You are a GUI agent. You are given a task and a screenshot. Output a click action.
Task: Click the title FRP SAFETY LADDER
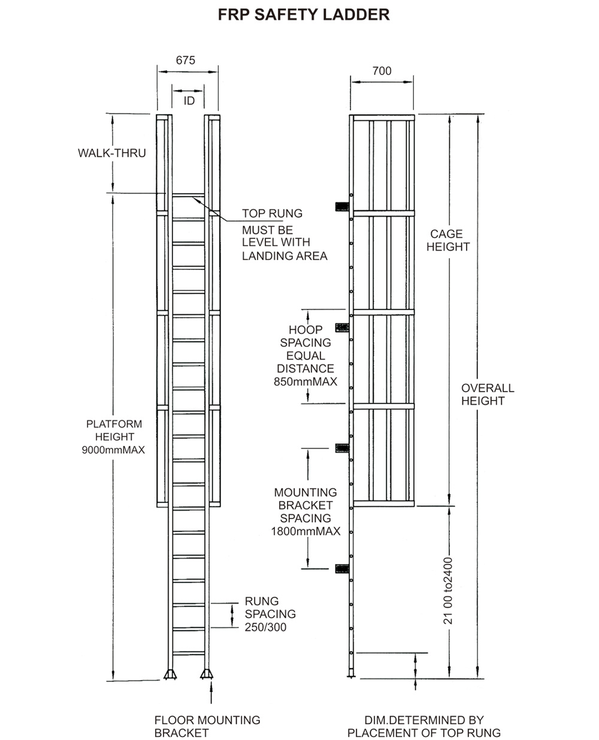303,15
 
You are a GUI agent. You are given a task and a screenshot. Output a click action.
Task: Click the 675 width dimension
185,60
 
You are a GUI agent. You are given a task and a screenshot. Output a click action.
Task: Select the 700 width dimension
382,71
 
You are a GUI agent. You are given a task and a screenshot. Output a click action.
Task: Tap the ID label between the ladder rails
189,101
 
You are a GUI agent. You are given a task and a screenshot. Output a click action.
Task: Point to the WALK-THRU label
111,153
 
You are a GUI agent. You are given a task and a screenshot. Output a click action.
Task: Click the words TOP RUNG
272,214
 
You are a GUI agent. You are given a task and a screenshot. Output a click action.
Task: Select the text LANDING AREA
285,256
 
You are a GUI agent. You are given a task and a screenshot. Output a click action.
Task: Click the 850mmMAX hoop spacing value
305,382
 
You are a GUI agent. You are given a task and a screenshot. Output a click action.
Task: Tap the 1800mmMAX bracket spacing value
305,532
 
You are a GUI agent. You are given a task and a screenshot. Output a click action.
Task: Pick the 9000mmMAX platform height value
113,450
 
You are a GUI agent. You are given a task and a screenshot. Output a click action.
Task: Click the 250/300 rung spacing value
265,627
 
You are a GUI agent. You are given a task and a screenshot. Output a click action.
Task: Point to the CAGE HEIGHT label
448,240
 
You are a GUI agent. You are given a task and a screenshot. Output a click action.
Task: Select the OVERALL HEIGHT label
487,395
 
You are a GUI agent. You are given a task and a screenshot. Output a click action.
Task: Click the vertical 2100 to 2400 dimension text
448,591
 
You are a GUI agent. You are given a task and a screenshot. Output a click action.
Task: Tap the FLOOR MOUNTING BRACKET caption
207,726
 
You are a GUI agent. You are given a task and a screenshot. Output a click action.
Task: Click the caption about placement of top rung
423,726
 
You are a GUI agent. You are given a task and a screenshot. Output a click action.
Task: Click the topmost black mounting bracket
341,207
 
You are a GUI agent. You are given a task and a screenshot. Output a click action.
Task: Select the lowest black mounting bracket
342,568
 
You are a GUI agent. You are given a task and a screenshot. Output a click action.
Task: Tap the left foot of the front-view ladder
170,675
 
